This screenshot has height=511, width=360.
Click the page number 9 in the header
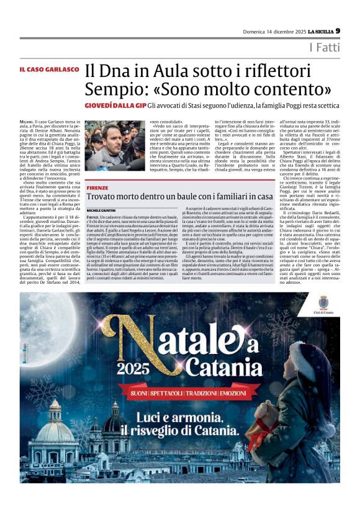[354, 30]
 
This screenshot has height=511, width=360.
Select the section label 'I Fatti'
[342, 48]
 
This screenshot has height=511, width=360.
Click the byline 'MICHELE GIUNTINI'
[102, 210]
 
